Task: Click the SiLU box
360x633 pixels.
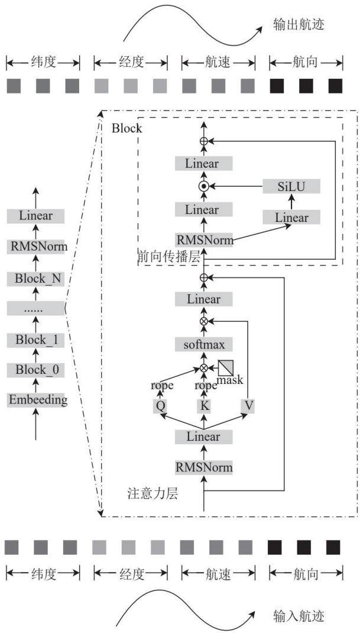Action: (x=291, y=186)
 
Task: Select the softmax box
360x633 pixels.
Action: (x=204, y=345)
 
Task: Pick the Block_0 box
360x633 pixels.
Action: (x=36, y=370)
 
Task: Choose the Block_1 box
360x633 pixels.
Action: (x=36, y=340)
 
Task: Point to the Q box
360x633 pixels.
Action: (x=160, y=406)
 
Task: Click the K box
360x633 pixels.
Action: (x=204, y=406)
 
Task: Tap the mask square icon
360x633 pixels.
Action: (x=225, y=368)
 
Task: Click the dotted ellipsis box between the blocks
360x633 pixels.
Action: (x=36, y=309)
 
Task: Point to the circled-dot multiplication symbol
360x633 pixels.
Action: (x=204, y=186)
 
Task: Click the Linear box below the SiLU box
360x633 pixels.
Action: (x=291, y=218)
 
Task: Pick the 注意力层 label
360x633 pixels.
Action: (x=152, y=494)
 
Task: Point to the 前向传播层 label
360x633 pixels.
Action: (x=168, y=257)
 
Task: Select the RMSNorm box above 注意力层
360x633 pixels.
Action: (x=204, y=467)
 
